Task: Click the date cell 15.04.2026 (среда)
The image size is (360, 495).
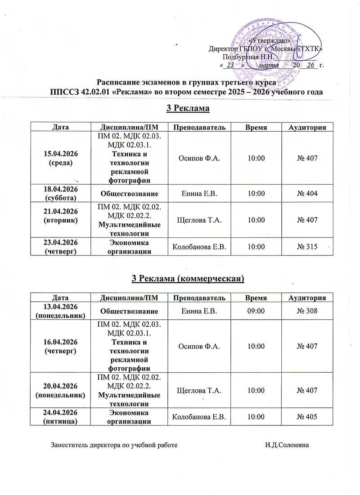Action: tap(60, 157)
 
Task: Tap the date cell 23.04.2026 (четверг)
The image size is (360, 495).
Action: tap(60, 246)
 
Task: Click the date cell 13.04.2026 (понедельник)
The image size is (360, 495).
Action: tap(60, 310)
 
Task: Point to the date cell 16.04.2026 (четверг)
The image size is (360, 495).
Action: tap(60, 347)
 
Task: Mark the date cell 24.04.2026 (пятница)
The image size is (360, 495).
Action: tap(60, 417)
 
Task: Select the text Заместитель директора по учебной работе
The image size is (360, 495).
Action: tap(115, 445)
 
